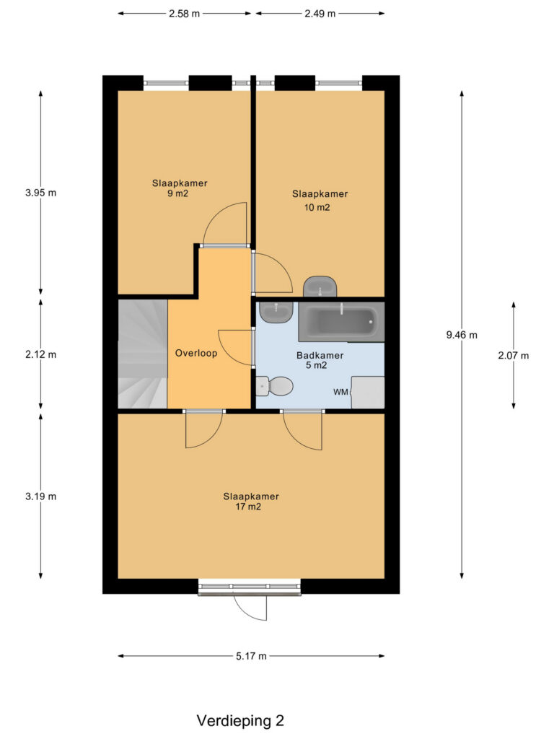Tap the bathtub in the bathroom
(x=341, y=323)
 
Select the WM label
(x=340, y=392)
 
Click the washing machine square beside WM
(x=368, y=392)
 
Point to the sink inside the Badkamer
(x=276, y=312)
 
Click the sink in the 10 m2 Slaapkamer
(x=320, y=287)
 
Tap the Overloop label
(x=196, y=353)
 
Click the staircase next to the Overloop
(x=143, y=354)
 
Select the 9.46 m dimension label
(x=462, y=335)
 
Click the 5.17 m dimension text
(x=252, y=656)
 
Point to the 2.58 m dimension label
(x=184, y=14)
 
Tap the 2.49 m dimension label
(x=320, y=14)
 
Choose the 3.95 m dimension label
(x=41, y=193)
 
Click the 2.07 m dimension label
(x=514, y=356)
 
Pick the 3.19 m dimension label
(x=41, y=497)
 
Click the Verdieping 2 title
(x=240, y=721)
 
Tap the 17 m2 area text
(x=248, y=507)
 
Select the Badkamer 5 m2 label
(x=320, y=361)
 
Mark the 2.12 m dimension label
(x=41, y=354)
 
